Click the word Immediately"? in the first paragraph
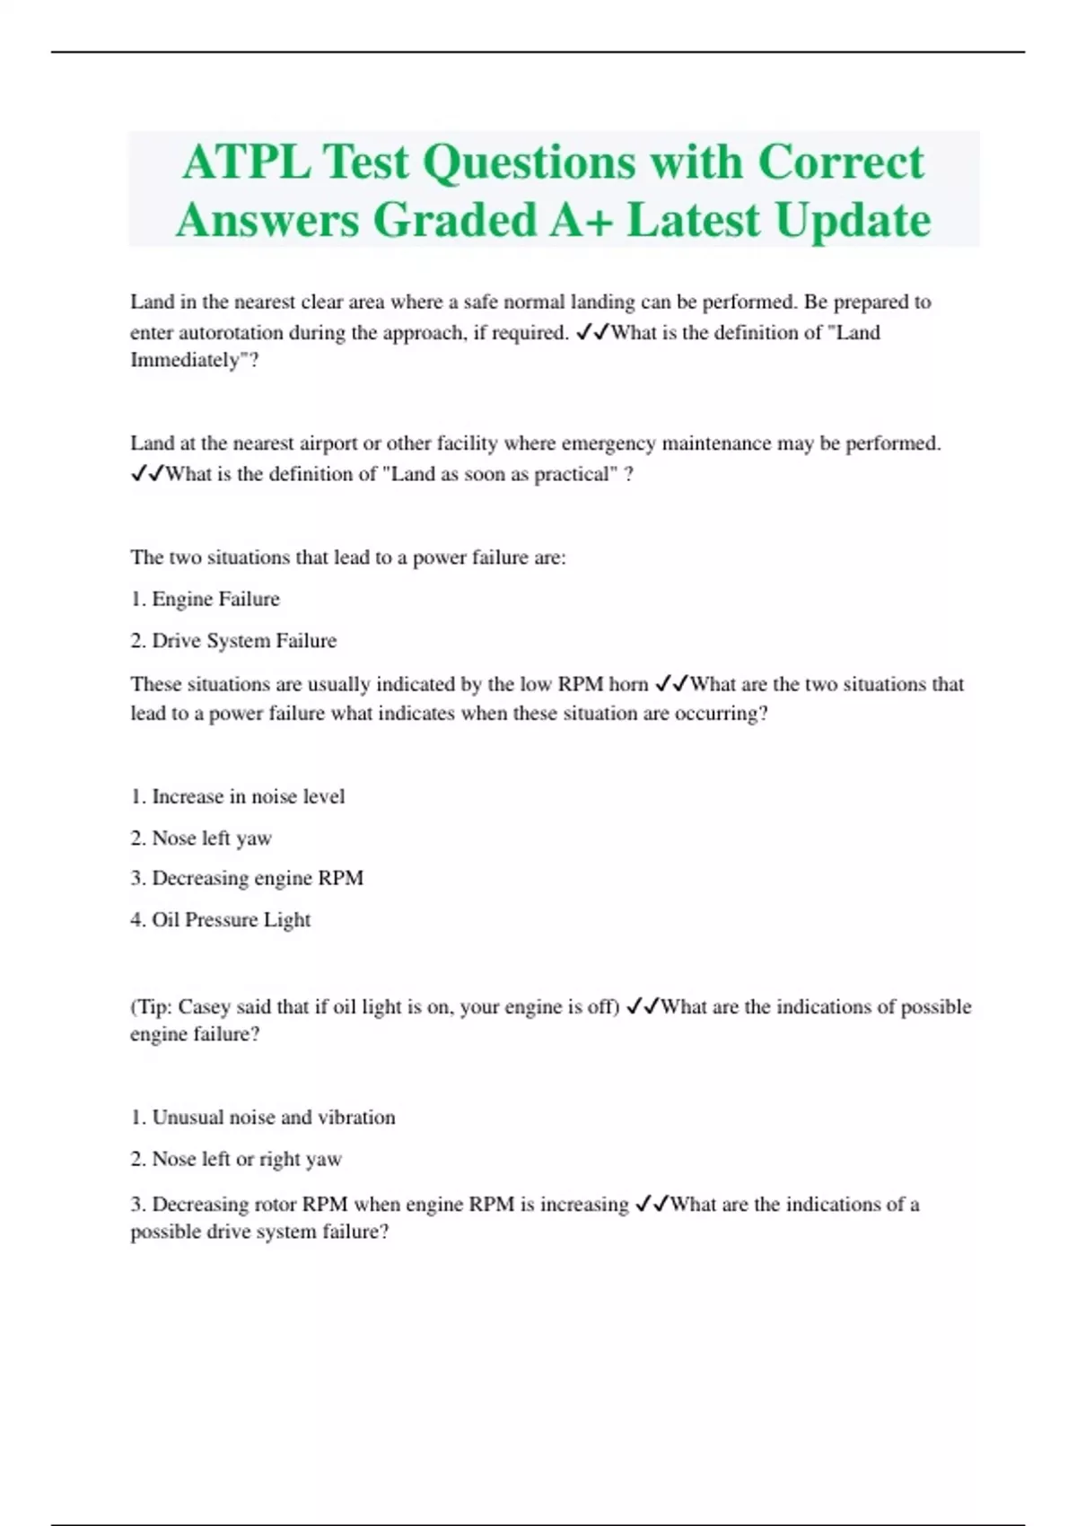(195, 361)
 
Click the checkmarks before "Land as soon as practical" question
(146, 474)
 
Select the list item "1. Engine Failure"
(205, 599)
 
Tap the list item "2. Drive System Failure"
(233, 641)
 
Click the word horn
(628, 684)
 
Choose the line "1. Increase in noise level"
(237, 796)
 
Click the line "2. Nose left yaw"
(201, 838)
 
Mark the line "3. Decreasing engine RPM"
(247, 878)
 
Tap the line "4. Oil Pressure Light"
(221, 920)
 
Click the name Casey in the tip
(205, 1007)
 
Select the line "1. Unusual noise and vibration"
(263, 1118)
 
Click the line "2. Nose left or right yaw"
(236, 1160)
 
